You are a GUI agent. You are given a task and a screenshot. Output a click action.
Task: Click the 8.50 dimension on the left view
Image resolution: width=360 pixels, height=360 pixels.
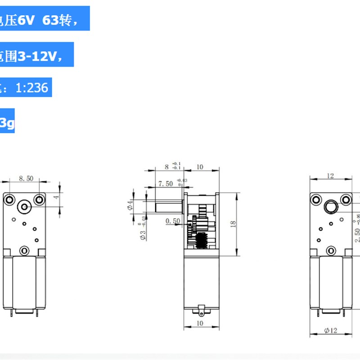point(26,178)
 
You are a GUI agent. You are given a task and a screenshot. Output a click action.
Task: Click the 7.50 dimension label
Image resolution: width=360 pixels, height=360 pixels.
point(166,184)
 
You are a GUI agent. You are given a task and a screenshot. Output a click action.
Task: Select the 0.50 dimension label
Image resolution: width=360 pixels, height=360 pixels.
point(173,221)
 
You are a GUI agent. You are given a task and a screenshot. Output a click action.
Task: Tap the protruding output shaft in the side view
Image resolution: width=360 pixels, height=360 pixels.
point(169,208)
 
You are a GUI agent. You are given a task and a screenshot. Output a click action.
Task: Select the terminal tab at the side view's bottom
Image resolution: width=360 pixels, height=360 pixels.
point(201,310)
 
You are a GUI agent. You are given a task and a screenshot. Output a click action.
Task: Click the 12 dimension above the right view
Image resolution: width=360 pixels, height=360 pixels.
point(331,176)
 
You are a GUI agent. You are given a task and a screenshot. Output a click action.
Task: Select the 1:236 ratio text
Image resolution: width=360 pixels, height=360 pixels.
point(31,87)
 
